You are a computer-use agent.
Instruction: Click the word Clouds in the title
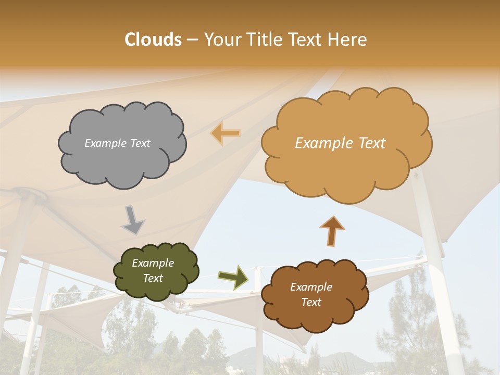point(153,40)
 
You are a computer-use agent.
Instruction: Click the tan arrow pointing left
point(226,133)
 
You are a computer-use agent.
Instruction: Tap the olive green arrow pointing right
point(233,277)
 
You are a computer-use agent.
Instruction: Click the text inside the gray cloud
point(117,143)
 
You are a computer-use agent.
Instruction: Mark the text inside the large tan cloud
point(340,143)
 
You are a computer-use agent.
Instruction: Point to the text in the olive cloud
point(153,271)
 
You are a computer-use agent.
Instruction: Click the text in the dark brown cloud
point(311,294)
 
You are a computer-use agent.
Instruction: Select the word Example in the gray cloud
point(105,143)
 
